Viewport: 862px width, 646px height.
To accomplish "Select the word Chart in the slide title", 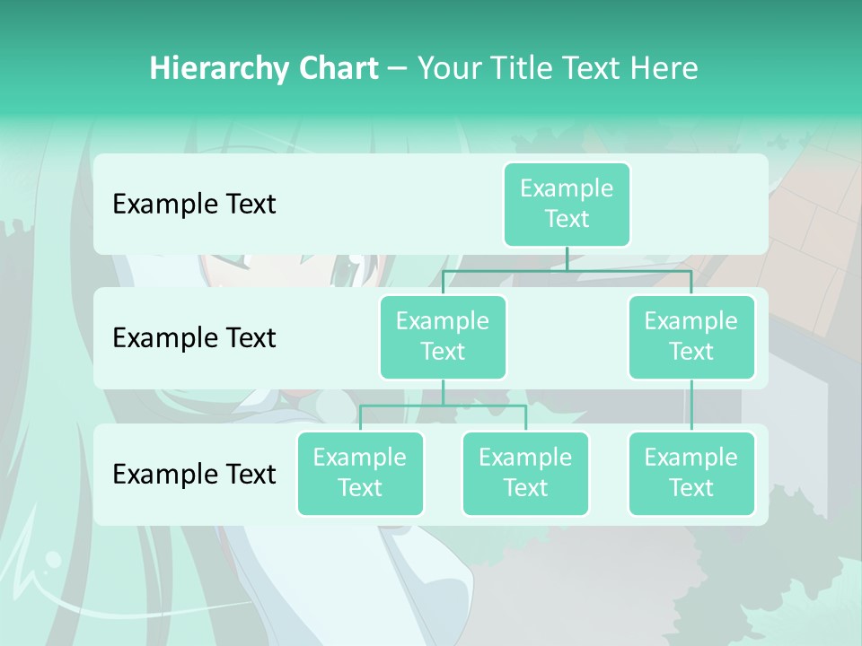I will click(x=338, y=68).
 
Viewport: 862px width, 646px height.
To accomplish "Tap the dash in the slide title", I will click(x=397, y=68).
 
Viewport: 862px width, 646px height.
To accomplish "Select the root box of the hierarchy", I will click(x=567, y=204).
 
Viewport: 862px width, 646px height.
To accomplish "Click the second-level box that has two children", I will click(x=443, y=336).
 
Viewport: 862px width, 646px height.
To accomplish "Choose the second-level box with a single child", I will click(x=691, y=336).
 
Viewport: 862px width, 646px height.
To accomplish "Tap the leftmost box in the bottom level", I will click(x=360, y=473).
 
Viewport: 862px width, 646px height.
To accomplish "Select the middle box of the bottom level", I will click(x=525, y=473).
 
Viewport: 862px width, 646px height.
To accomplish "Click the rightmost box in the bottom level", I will click(x=691, y=473).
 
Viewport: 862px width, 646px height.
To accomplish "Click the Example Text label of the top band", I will click(x=194, y=204).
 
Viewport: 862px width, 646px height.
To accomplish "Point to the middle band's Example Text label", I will click(x=194, y=337).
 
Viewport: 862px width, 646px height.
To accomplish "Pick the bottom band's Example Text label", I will click(x=194, y=474).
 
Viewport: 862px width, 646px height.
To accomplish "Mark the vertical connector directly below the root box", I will click(x=567, y=258).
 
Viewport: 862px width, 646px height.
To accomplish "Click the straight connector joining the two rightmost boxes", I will click(x=691, y=405).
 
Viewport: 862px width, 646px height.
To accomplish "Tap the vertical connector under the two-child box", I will click(x=443, y=392).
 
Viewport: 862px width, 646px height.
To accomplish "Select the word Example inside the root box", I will click(x=567, y=188).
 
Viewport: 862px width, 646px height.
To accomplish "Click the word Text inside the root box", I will click(x=567, y=219).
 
